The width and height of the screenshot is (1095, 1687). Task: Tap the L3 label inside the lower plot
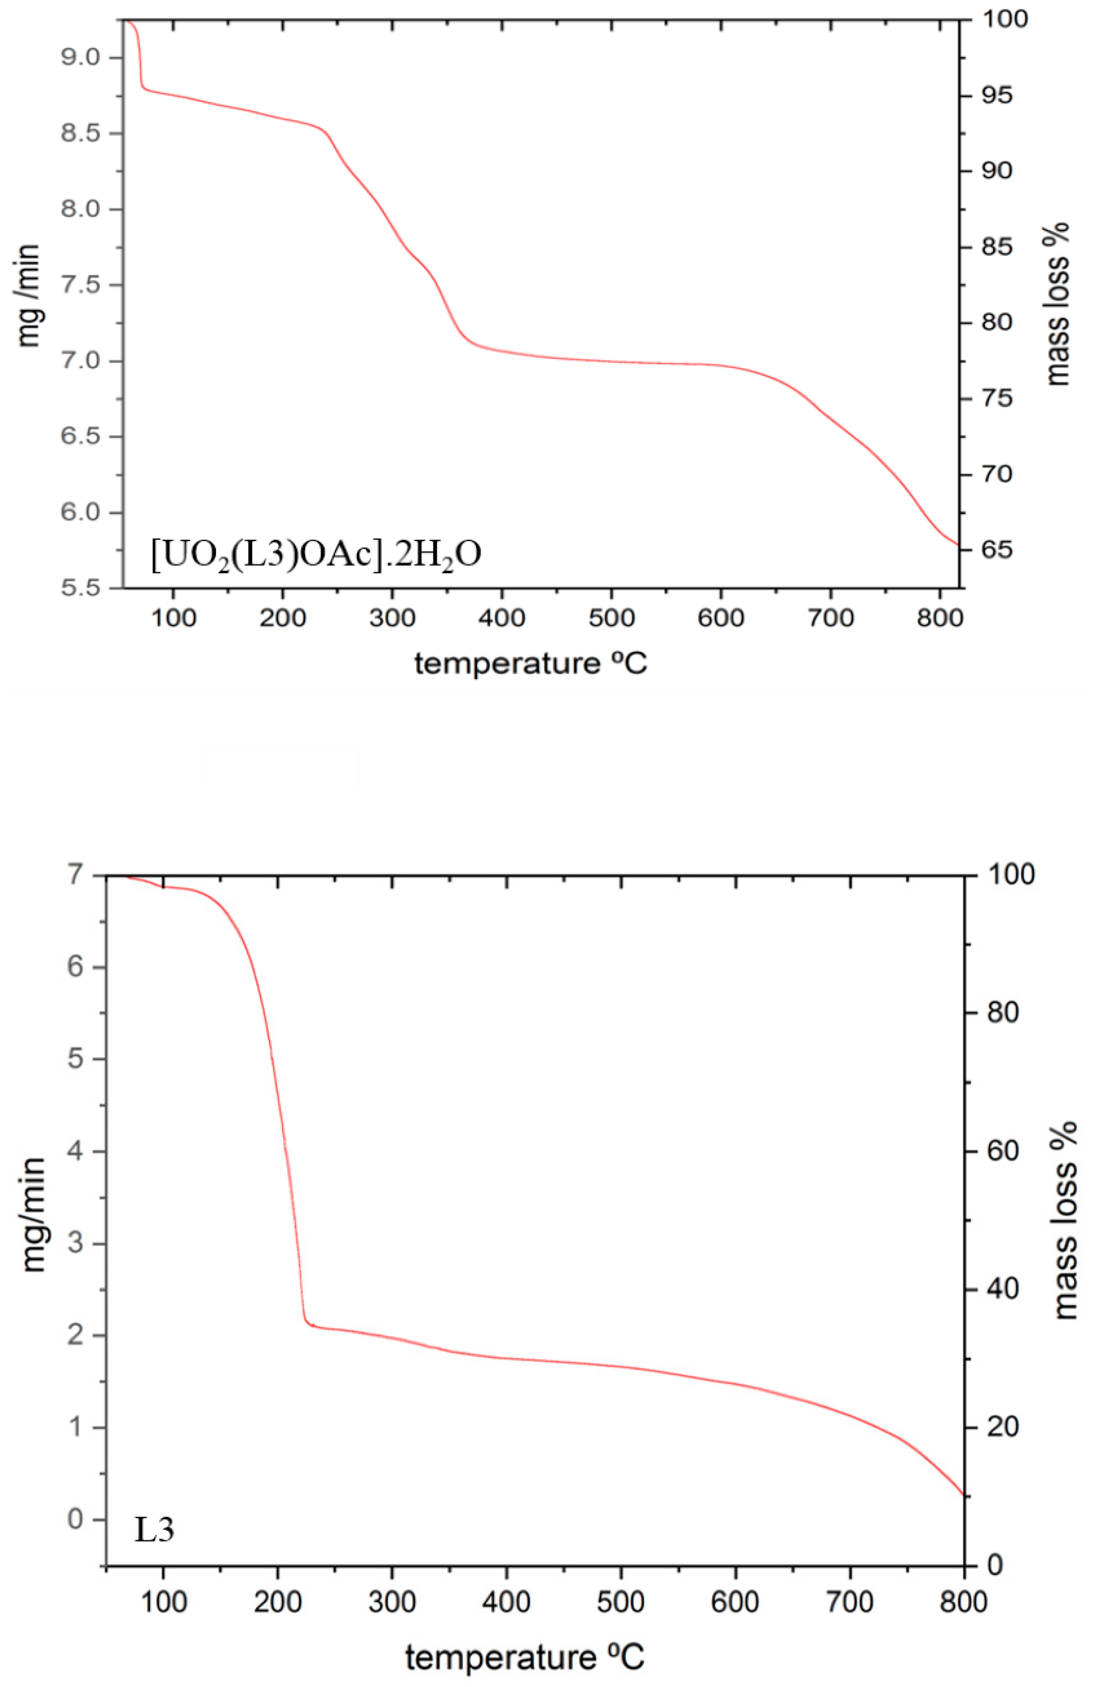pyautogui.click(x=154, y=1530)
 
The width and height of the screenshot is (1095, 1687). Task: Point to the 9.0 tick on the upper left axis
pyautogui.click(x=82, y=57)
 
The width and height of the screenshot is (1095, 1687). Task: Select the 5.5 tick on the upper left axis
pyautogui.click(x=82, y=588)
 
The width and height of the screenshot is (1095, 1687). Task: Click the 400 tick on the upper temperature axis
pyautogui.click(x=501, y=618)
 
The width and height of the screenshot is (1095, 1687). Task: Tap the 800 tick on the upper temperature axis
pyautogui.click(x=939, y=618)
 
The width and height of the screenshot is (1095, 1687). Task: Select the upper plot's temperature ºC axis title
pyautogui.click(x=530, y=664)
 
